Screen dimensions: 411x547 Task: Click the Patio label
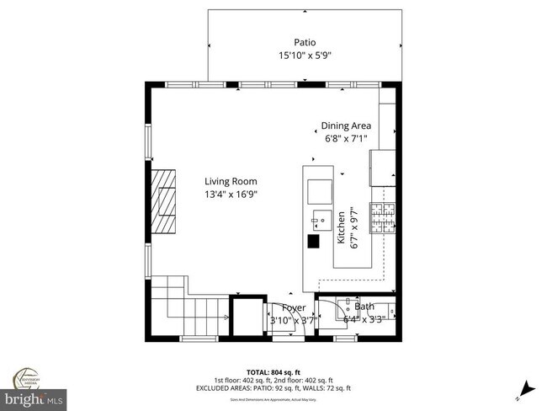pyautogui.click(x=305, y=42)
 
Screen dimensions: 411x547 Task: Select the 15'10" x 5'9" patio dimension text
pyautogui.click(x=305, y=56)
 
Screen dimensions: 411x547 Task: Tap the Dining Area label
pyautogui.click(x=346, y=125)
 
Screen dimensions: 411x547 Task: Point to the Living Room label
pyautogui.click(x=231, y=181)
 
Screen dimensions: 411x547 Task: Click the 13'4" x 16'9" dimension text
pyautogui.click(x=231, y=195)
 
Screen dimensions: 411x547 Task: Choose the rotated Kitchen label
pyautogui.click(x=341, y=228)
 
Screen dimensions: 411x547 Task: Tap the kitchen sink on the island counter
pyautogui.click(x=320, y=223)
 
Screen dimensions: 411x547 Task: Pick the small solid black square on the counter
pyautogui.click(x=313, y=242)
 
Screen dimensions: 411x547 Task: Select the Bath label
pyautogui.click(x=364, y=307)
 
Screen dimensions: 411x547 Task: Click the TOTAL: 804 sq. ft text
pyautogui.click(x=273, y=372)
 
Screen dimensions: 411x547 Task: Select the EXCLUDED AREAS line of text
pyautogui.click(x=273, y=387)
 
